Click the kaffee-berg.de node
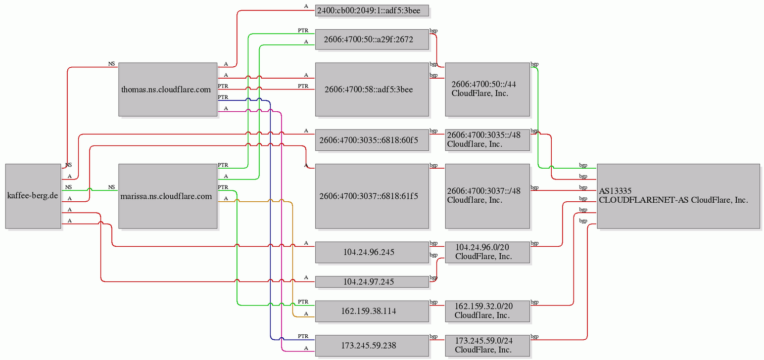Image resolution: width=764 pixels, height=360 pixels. pos(33,196)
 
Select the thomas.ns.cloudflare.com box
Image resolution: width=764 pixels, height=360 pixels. pos(168,90)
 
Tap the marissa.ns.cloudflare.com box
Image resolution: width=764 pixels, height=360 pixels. pos(168,196)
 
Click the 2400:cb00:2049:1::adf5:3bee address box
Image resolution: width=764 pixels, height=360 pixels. pos(372,10)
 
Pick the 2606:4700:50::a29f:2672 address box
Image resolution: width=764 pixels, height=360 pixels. pos(372,39)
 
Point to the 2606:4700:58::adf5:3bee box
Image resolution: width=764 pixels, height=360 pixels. pos(372,90)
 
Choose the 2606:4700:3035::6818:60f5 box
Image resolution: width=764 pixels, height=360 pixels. pos(372,140)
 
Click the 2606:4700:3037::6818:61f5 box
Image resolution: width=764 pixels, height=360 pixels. pos(372,196)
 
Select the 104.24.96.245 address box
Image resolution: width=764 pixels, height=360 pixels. pos(372,252)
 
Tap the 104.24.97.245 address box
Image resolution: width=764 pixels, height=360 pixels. pos(372,281)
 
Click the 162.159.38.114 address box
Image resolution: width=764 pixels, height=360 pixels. pos(372,311)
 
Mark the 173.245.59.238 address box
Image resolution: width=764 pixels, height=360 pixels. pos(372,345)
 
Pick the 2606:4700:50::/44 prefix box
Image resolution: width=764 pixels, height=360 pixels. pos(487,90)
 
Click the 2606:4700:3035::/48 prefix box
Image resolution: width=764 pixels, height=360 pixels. pos(487,140)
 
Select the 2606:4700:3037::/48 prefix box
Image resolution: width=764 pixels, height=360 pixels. pos(487,196)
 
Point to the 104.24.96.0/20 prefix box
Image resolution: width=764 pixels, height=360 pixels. pos(487,252)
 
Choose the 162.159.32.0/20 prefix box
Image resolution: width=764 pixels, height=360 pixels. pos(487,311)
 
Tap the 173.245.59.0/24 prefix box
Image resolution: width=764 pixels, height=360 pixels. pos(487,345)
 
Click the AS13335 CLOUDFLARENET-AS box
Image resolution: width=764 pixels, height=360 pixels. pos(678,196)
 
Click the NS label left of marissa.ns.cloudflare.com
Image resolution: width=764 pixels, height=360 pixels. pos(111,187)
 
